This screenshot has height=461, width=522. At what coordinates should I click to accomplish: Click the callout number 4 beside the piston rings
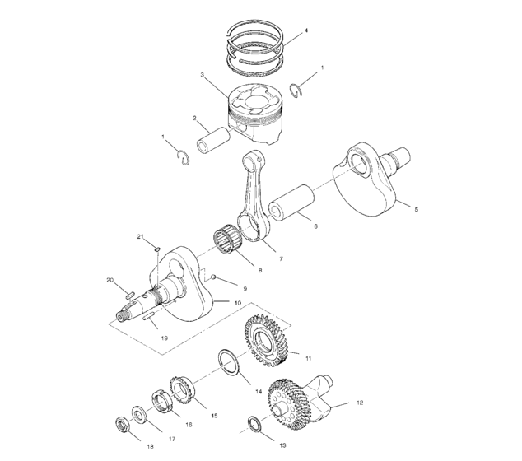point(306,30)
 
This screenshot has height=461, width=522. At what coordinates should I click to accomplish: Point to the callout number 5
point(416,211)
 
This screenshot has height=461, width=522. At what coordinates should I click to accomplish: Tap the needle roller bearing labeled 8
point(233,243)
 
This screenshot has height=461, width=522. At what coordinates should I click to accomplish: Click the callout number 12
point(359,403)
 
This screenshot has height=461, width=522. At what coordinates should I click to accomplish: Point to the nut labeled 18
point(122,426)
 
